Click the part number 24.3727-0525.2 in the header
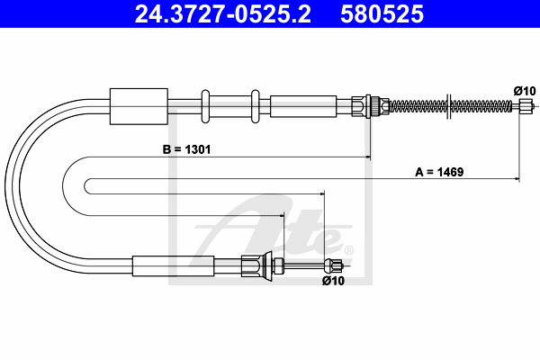click(223, 14)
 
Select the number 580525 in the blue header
click(382, 14)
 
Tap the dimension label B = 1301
click(186, 149)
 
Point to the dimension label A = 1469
click(439, 172)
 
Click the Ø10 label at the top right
click(525, 91)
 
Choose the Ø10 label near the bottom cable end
click(333, 281)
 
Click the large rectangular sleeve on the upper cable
click(139, 106)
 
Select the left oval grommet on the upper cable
click(205, 106)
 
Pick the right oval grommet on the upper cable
click(256, 106)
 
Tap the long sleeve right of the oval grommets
click(303, 106)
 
